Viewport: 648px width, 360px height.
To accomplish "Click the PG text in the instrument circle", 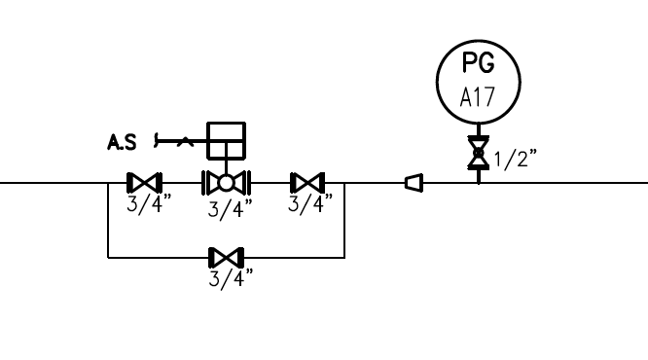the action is tap(478, 62).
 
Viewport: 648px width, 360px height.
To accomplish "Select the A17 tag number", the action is tap(478, 97).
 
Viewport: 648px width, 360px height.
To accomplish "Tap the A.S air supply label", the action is tap(122, 142).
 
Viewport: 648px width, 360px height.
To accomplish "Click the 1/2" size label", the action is tap(516, 159).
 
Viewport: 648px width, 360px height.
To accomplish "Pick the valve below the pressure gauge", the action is tap(479, 153).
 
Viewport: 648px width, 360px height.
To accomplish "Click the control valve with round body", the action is tap(226, 183).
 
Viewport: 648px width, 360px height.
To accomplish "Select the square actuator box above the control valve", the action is tap(226, 140).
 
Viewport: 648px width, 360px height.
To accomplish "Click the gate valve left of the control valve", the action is tap(144, 182).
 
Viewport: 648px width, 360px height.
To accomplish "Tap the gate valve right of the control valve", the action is tap(307, 182).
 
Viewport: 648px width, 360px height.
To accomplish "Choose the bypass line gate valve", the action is tap(226, 258).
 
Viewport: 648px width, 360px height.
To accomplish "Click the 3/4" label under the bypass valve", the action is tap(231, 278).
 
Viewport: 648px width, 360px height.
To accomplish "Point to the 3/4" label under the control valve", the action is tap(231, 209).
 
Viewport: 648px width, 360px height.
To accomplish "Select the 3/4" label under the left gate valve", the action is tap(149, 203).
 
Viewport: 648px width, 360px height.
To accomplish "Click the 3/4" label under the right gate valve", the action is tap(310, 203).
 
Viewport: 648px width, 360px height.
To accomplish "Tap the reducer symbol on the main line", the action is tap(414, 183).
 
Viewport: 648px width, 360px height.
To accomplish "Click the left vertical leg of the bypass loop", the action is tap(108, 220).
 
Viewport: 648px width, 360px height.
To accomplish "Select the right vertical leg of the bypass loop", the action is tap(344, 220).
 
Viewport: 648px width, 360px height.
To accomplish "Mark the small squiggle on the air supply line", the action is tap(185, 142).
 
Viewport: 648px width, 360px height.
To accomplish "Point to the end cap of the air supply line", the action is tap(156, 140).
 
